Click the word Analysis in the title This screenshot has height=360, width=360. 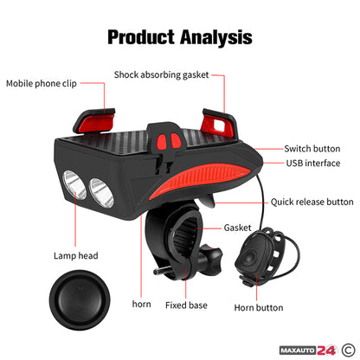click(216, 37)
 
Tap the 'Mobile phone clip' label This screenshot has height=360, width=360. click(42, 84)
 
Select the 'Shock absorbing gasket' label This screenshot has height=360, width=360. click(161, 75)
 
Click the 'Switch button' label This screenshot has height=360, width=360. click(312, 149)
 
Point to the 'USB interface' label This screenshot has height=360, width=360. click(313, 164)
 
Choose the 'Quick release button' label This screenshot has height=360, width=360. click(312, 202)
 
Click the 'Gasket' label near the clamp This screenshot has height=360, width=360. click(237, 228)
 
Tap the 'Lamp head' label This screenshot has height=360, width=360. click(76, 256)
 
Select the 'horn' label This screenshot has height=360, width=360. click(141, 304)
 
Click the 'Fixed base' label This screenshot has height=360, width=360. click(186, 305)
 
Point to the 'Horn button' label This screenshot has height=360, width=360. click(259, 308)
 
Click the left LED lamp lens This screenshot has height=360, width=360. click(74, 184)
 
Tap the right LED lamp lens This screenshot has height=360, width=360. click(101, 193)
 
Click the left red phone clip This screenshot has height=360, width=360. click(94, 120)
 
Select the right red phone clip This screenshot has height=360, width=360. click(220, 123)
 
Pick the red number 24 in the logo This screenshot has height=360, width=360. click(326, 350)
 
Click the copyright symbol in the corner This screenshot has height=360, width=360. click(349, 350)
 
